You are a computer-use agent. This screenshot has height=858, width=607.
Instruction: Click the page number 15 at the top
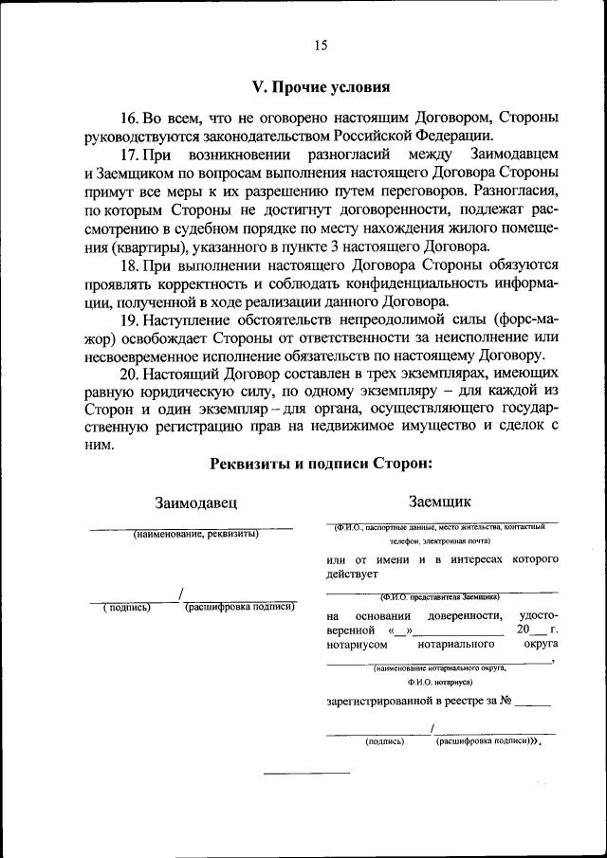[321, 45]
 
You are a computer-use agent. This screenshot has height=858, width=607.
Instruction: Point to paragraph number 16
[130, 118]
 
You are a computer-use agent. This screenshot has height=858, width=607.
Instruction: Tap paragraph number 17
[130, 153]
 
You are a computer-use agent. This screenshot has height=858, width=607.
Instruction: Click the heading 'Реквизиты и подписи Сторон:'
[321, 463]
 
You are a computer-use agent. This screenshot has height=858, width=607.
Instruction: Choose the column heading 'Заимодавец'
[195, 502]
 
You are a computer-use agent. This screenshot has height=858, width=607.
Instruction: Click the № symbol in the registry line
[506, 703]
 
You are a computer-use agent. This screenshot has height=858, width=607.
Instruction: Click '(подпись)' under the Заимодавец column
[127, 608]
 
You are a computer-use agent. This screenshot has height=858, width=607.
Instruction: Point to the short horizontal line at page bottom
[293, 773]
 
